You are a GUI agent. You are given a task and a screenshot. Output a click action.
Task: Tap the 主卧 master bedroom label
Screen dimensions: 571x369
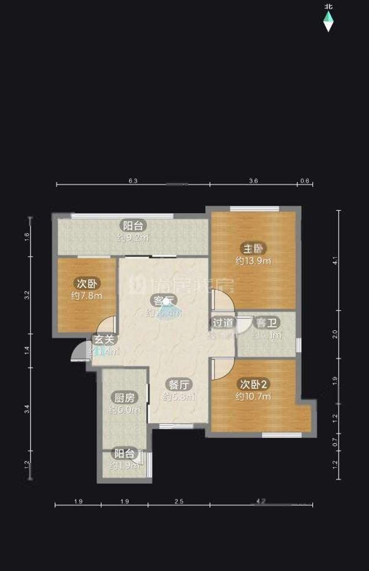coord(253,249)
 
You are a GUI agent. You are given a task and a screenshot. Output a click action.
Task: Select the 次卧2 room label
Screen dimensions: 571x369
coord(253,384)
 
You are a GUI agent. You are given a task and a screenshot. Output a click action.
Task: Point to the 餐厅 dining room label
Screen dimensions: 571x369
coord(178,385)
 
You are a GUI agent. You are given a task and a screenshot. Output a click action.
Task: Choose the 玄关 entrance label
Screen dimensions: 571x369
coord(103,340)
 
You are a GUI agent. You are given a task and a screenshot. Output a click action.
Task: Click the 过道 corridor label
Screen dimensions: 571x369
coord(223,322)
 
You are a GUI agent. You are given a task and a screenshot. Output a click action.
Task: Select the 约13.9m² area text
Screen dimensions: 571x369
coord(253,261)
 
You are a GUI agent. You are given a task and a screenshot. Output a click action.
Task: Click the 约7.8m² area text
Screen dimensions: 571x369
coord(86,296)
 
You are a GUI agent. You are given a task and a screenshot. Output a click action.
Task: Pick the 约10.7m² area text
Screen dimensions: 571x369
coord(253,396)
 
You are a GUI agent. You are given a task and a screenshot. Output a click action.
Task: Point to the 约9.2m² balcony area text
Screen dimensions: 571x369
coord(133,237)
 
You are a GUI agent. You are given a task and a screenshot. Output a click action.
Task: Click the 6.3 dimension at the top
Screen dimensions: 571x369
coord(134,181)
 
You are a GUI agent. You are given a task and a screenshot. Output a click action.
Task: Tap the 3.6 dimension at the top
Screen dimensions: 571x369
coord(254,181)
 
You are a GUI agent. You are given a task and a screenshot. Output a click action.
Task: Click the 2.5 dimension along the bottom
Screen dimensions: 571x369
coord(179,502)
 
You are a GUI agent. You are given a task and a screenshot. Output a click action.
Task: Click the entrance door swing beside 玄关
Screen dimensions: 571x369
coord(79,352)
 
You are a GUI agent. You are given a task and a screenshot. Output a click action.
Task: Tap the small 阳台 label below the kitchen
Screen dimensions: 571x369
coord(124,454)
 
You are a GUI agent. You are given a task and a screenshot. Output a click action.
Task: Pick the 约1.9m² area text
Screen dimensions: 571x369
coord(124,466)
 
